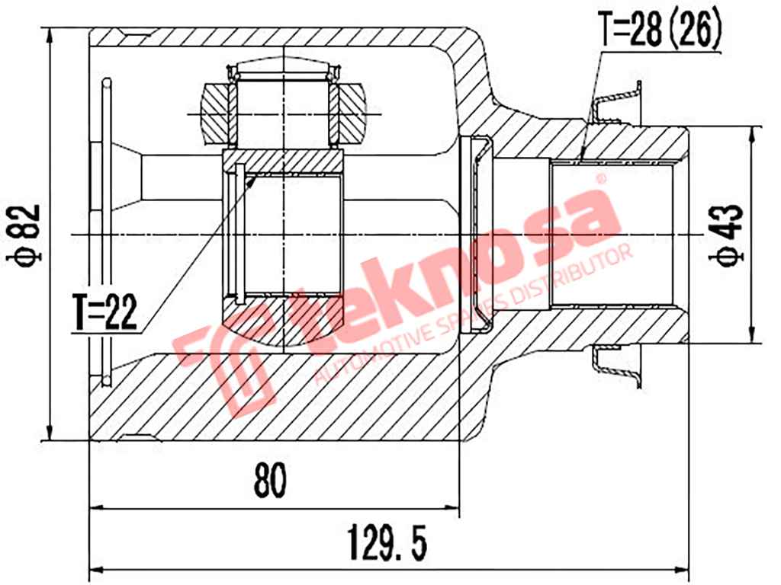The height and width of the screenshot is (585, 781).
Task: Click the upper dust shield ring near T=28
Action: click(618, 102)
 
